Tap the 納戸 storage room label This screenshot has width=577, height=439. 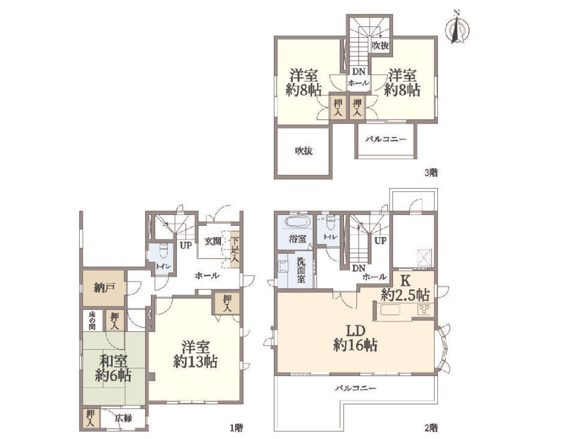point(104,288)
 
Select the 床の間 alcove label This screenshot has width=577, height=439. point(92,321)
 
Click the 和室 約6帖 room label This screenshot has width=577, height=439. point(113,368)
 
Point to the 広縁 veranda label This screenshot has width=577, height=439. point(123,418)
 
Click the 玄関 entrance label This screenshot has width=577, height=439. point(213,241)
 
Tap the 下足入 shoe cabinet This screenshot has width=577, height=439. point(235,250)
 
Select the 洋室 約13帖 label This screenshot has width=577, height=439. point(195,355)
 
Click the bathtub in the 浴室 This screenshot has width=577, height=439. point(298,223)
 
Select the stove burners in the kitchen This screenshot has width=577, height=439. point(424,310)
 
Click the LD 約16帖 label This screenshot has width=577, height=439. point(355,338)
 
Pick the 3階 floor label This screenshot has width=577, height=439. point(431,172)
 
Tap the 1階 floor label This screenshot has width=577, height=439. point(236,428)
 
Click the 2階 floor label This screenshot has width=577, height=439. point(431,428)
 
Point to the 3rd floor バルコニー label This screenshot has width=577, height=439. point(386,140)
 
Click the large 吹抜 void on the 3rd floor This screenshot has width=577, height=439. point(304,151)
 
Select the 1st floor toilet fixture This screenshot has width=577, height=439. point(164,250)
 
